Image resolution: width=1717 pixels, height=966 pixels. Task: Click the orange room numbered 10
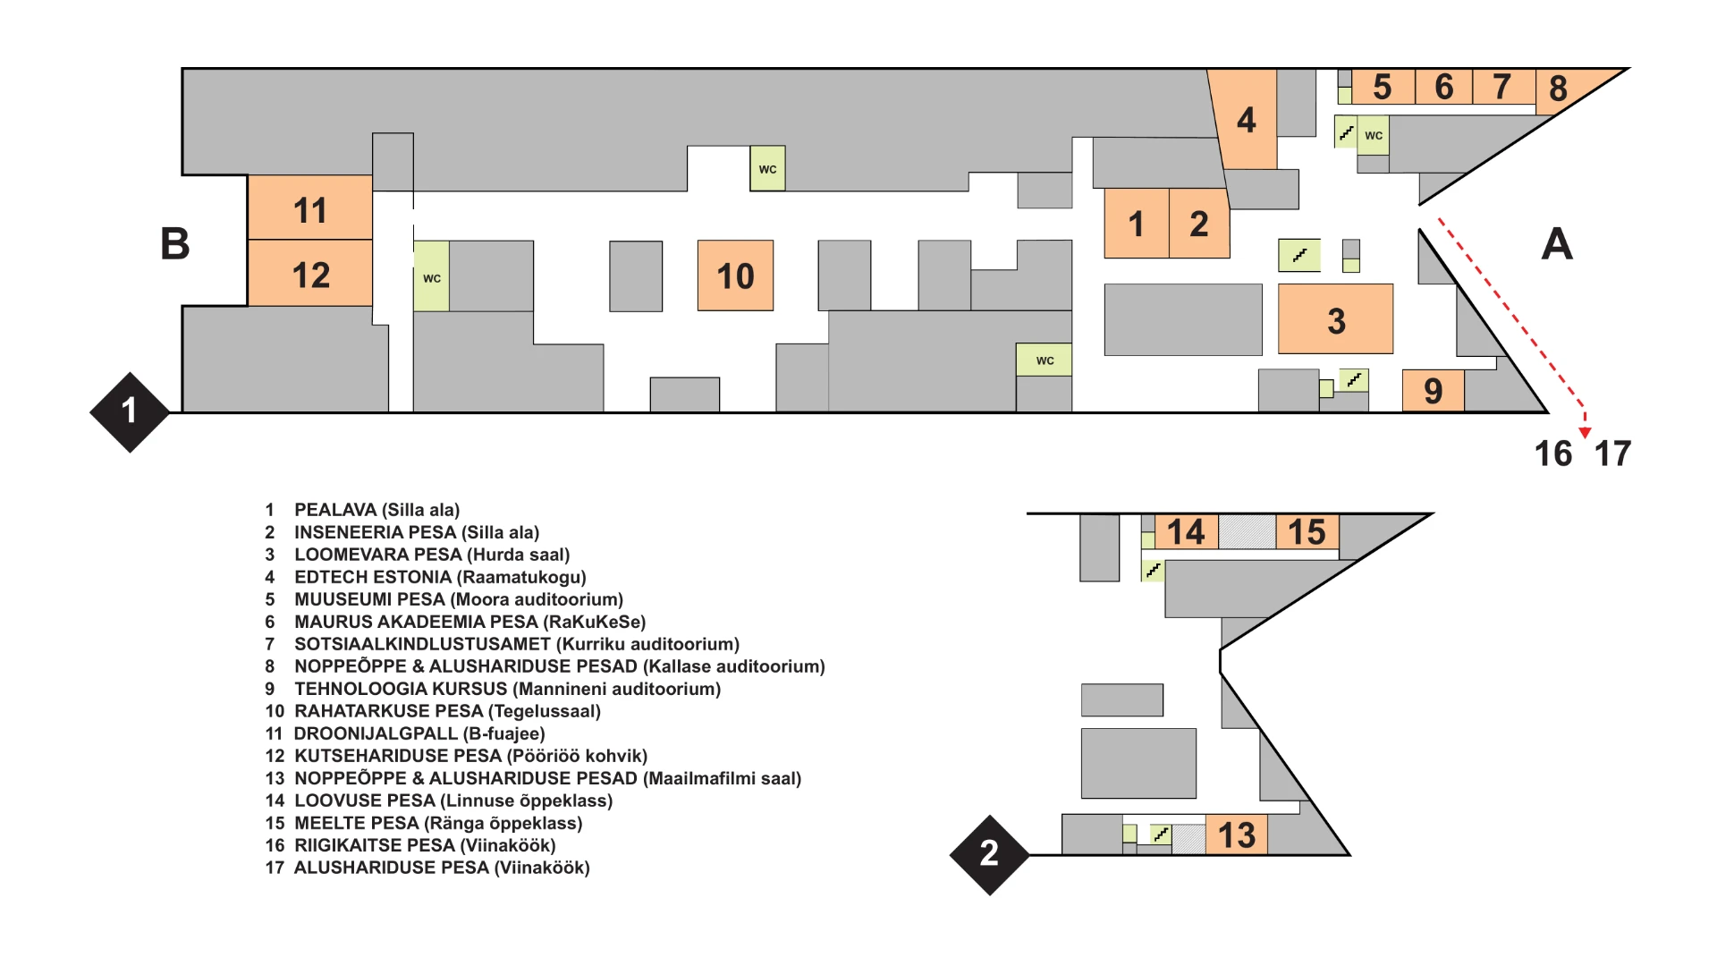[x=735, y=275]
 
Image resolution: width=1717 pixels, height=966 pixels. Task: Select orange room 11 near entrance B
[x=309, y=208]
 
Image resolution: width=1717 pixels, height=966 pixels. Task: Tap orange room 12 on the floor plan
[x=309, y=273]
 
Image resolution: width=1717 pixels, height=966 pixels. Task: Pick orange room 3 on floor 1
[x=1335, y=319]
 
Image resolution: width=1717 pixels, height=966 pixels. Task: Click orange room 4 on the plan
[x=1246, y=119]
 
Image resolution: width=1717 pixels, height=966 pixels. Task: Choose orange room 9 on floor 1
[x=1433, y=391]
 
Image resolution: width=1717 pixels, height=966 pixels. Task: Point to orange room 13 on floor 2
[x=1237, y=835]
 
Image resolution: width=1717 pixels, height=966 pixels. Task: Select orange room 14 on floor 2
[x=1186, y=531]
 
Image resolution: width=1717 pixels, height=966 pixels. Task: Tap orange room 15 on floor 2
[x=1307, y=531]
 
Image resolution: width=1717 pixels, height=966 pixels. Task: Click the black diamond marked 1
[x=130, y=412]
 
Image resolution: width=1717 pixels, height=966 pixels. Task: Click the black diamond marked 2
[x=989, y=854]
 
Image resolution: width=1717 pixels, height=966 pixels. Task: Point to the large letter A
[x=1557, y=243]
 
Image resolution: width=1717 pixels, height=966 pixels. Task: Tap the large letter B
[x=175, y=243]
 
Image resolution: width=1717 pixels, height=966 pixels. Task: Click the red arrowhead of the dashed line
[x=1585, y=433]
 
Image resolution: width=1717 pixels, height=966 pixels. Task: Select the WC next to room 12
[x=431, y=276]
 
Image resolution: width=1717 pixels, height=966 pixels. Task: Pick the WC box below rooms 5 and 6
[x=1374, y=135]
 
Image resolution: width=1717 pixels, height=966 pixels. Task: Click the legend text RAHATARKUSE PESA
[x=389, y=711]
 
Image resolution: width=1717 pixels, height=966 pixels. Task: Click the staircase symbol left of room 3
[x=1299, y=256]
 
